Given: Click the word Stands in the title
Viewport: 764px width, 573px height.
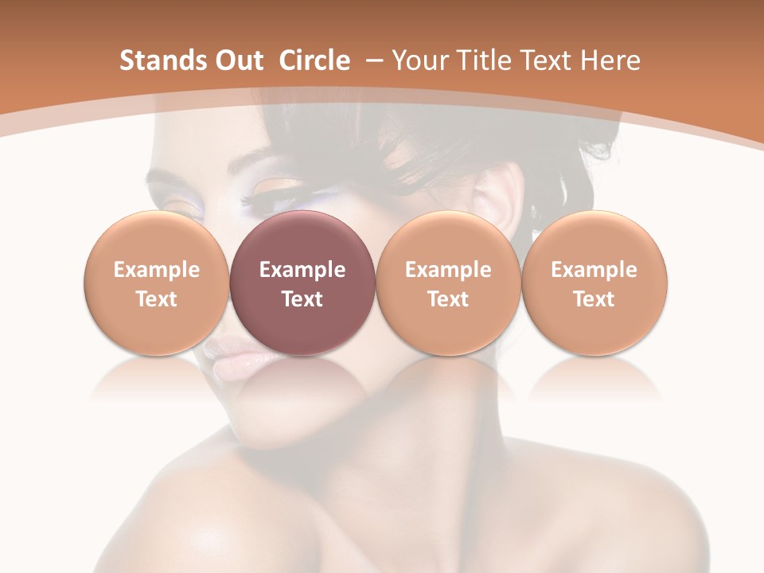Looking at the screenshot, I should [162, 60].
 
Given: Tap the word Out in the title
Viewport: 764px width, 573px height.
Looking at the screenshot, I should [238, 60].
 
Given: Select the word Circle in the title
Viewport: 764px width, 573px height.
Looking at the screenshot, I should [314, 60].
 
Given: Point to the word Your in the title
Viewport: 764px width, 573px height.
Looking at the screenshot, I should [419, 60].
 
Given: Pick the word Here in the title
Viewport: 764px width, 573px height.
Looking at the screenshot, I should [609, 60].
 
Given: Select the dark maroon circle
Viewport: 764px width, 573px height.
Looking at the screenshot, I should [302, 283].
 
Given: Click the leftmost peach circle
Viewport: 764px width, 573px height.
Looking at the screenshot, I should [156, 283].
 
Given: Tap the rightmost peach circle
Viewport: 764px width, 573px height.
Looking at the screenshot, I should [594, 283].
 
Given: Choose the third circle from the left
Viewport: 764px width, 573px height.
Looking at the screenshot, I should [448, 283].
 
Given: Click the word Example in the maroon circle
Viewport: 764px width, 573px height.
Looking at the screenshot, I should [302, 270].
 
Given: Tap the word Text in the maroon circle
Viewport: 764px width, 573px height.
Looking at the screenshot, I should [302, 299].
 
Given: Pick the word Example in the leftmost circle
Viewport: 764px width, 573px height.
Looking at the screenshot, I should [157, 270].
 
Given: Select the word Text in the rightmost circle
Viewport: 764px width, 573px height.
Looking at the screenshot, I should [594, 299].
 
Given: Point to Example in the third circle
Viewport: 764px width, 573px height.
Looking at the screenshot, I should [448, 270].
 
